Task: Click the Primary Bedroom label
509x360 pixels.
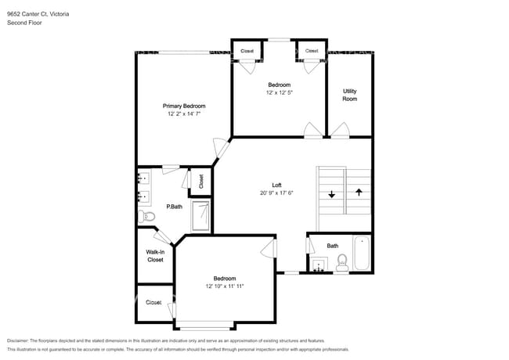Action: (184, 106)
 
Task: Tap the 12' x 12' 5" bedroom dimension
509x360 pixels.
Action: (280, 92)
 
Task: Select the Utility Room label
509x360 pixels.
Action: (349, 95)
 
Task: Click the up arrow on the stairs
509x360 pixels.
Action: (359, 192)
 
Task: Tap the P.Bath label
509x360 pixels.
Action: (174, 207)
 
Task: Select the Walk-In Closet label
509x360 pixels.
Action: (155, 255)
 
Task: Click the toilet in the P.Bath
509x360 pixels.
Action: (145, 215)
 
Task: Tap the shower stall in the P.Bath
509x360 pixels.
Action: (201, 215)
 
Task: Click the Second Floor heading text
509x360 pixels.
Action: (25, 23)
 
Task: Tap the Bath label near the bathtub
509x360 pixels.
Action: (333, 246)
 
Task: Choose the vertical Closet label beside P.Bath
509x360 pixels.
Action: (201, 181)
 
